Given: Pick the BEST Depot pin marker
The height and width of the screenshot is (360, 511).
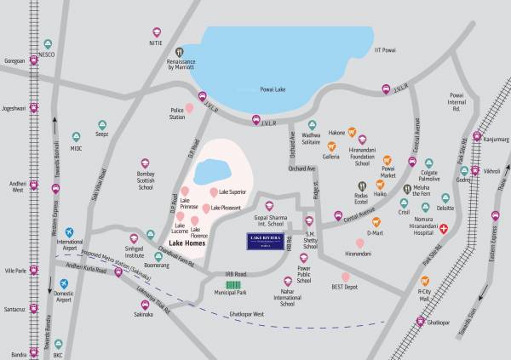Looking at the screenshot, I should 346,277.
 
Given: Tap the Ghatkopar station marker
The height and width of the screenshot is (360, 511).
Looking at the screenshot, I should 420,322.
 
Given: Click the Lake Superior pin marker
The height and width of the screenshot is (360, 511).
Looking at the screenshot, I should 213,192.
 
